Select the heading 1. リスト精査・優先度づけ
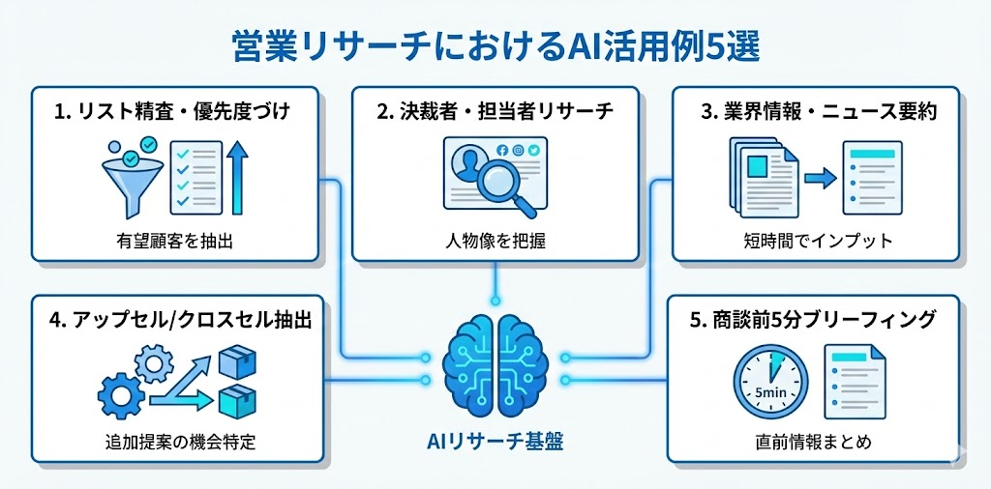(x=174, y=110)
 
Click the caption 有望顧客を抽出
(x=174, y=240)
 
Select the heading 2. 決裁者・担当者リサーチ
(x=495, y=110)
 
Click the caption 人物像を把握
(x=495, y=240)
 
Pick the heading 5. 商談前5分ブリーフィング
(x=813, y=321)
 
